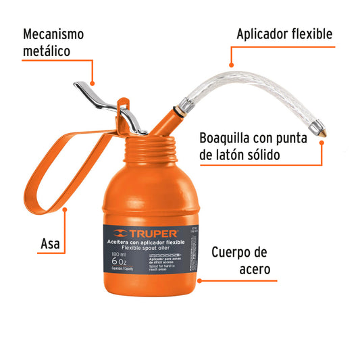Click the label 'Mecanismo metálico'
[x=53, y=42]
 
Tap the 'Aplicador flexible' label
[x=284, y=34]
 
